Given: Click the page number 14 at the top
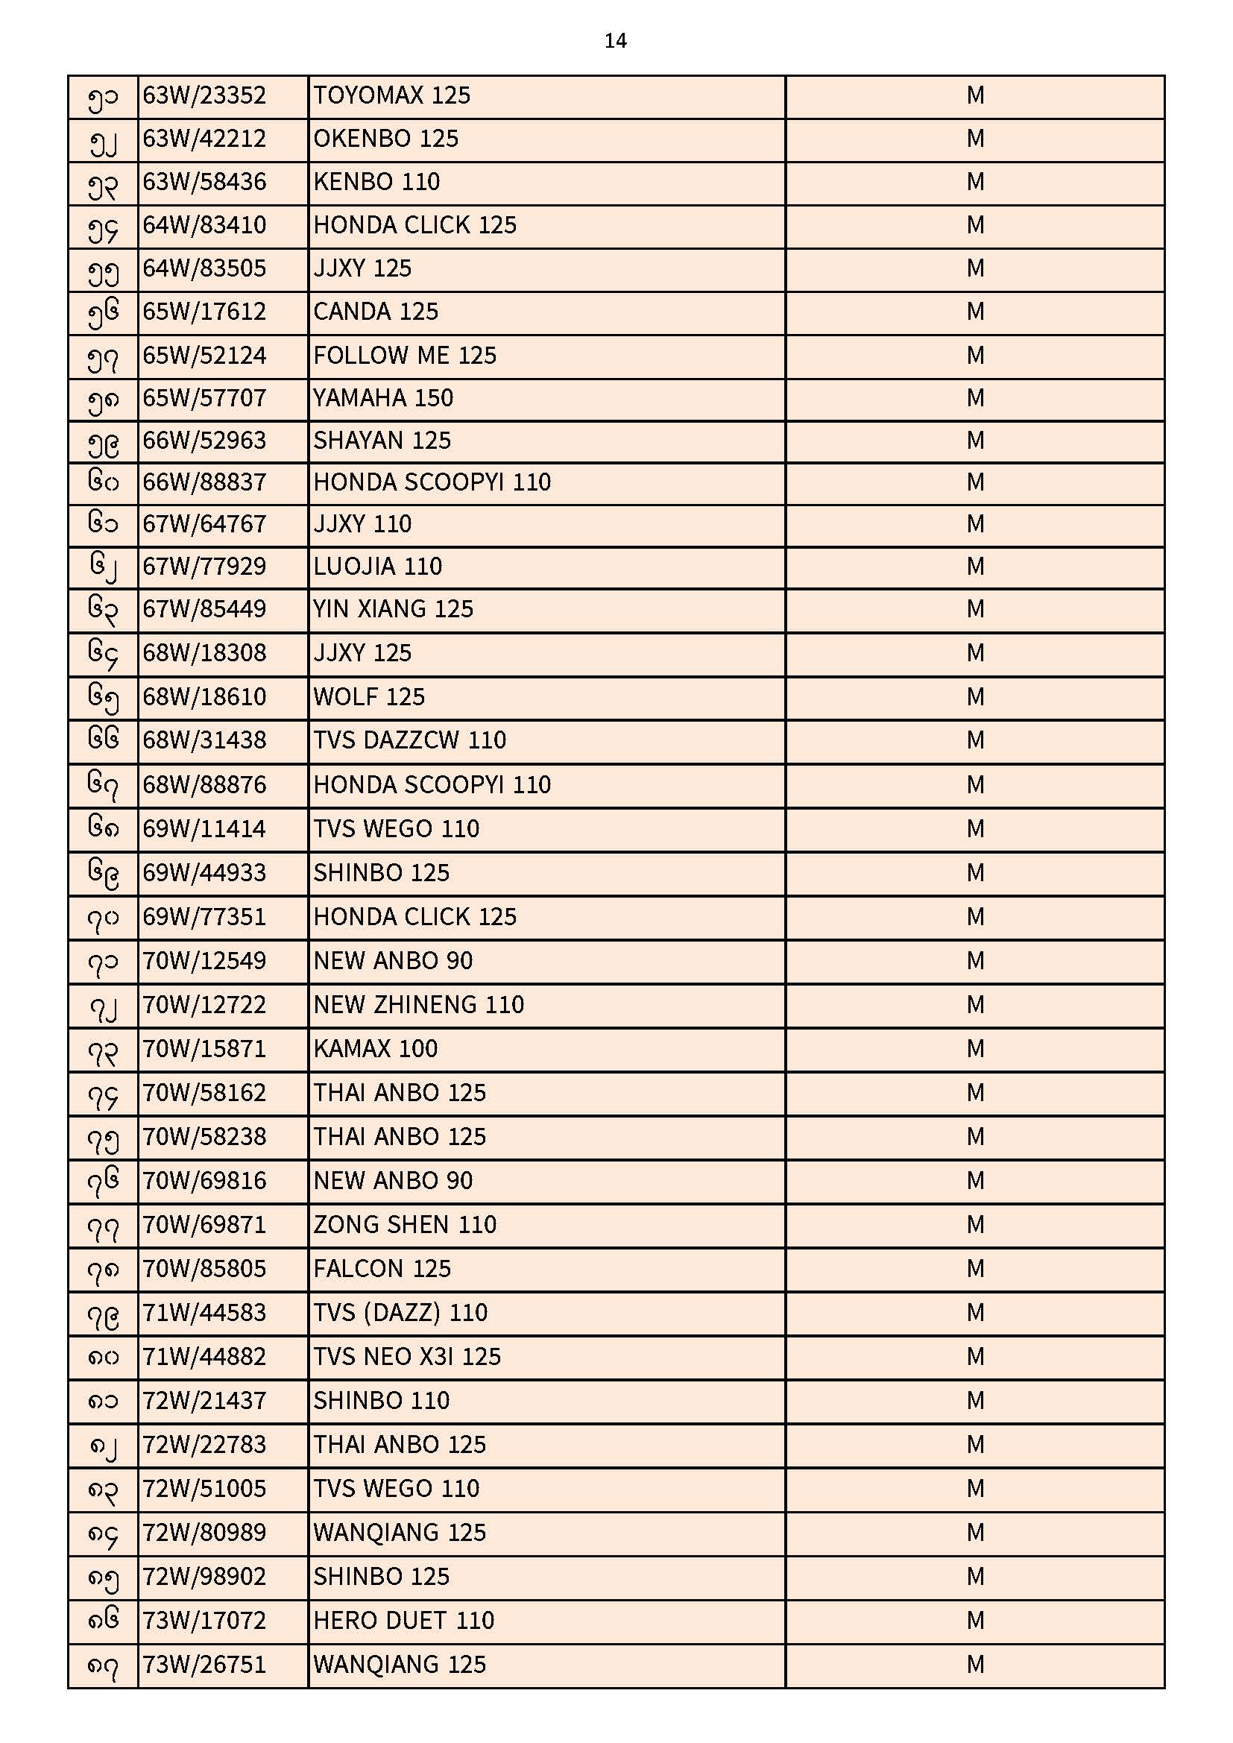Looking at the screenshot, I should click(x=615, y=41).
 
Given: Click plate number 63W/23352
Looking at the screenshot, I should click(x=204, y=95).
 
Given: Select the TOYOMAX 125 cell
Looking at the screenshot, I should click(x=392, y=95).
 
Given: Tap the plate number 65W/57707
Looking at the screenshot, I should click(x=204, y=398).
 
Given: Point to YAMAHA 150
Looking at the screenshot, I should click(x=382, y=398).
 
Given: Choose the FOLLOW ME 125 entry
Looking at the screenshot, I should click(x=405, y=356).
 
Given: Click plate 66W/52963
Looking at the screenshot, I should click(x=204, y=441).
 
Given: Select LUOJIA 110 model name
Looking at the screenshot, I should click(x=377, y=567).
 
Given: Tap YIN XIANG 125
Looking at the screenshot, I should click(x=394, y=609).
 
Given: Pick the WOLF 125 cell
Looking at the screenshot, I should click(x=369, y=697).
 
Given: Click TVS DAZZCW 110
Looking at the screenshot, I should click(x=409, y=740).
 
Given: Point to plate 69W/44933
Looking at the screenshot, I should click(x=204, y=873).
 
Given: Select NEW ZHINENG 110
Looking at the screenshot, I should click(x=418, y=1005).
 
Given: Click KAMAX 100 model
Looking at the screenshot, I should click(x=375, y=1049).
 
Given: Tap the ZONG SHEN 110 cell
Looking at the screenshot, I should click(x=405, y=1225).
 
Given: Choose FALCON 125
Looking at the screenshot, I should click(x=382, y=1269).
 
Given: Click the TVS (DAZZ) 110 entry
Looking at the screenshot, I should click(x=400, y=1313).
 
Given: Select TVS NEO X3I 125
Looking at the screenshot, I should click(x=407, y=1357).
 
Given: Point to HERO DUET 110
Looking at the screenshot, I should click(x=404, y=1621).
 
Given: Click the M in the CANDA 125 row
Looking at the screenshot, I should click(x=975, y=312).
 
